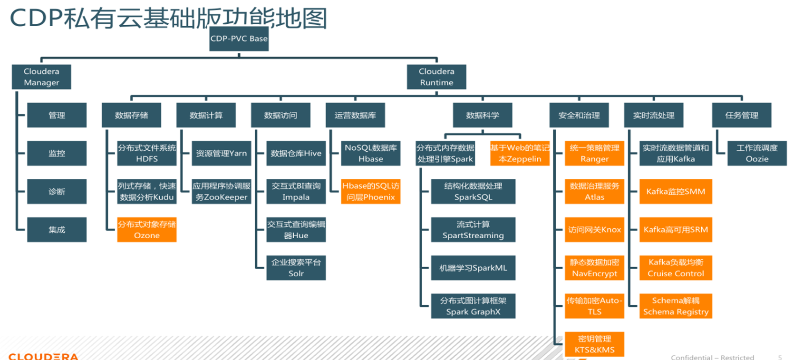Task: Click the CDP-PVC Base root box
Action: point(239,39)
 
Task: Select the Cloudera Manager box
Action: point(41,77)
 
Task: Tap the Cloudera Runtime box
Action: point(436,77)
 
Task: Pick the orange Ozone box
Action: point(146,230)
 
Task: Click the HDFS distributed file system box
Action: point(146,153)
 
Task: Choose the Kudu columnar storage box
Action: point(146,191)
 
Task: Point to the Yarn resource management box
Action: point(221,153)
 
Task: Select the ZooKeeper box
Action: point(221,191)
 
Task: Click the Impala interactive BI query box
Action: point(296,191)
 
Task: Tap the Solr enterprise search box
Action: point(296,268)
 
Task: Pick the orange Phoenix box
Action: point(370,191)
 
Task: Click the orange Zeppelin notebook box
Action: point(520,153)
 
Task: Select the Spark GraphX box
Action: point(473,306)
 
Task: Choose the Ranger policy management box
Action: point(594,153)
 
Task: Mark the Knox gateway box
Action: point(594,230)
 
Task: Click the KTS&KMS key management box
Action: point(594,344)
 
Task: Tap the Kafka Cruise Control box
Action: point(676,268)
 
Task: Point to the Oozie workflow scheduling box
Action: point(757,153)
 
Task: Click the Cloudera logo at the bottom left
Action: point(43,356)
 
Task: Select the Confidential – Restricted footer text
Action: point(712,357)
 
